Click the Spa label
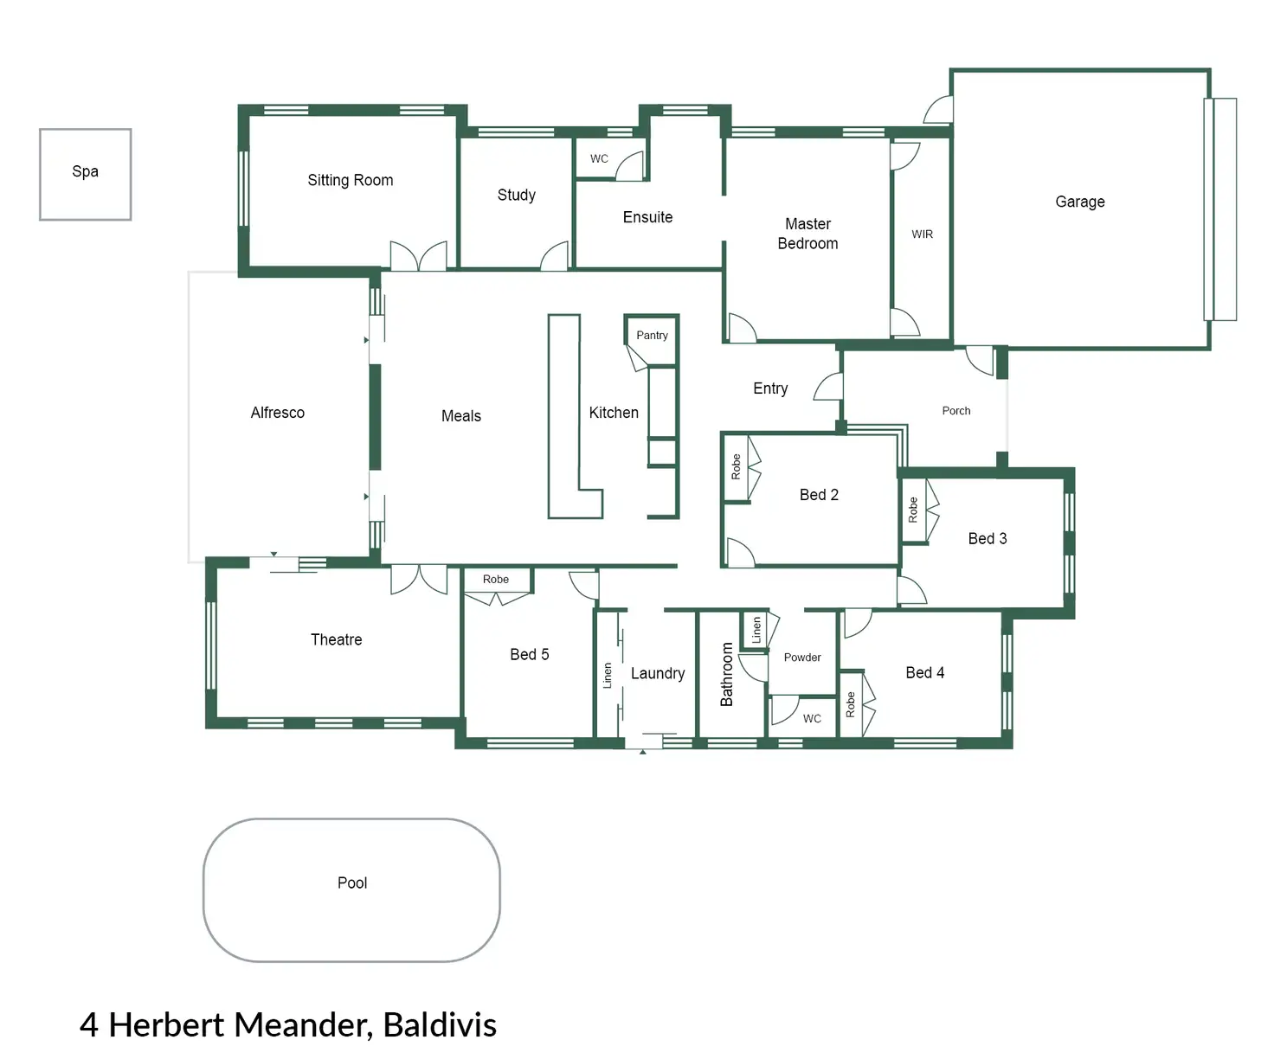(85, 171)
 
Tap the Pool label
(352, 882)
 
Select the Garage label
(1079, 202)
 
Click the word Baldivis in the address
(440, 1024)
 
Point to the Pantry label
(652, 336)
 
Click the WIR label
(922, 234)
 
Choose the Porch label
(955, 411)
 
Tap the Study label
(516, 196)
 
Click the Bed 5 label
(529, 655)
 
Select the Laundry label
(657, 673)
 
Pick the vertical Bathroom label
(727, 674)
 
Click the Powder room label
(802, 658)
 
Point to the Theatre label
(336, 639)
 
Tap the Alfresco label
(277, 413)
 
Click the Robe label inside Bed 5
(496, 580)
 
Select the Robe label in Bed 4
(851, 704)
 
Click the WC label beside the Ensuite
(599, 159)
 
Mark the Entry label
(770, 388)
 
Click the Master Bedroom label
(808, 234)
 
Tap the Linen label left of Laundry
(608, 676)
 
